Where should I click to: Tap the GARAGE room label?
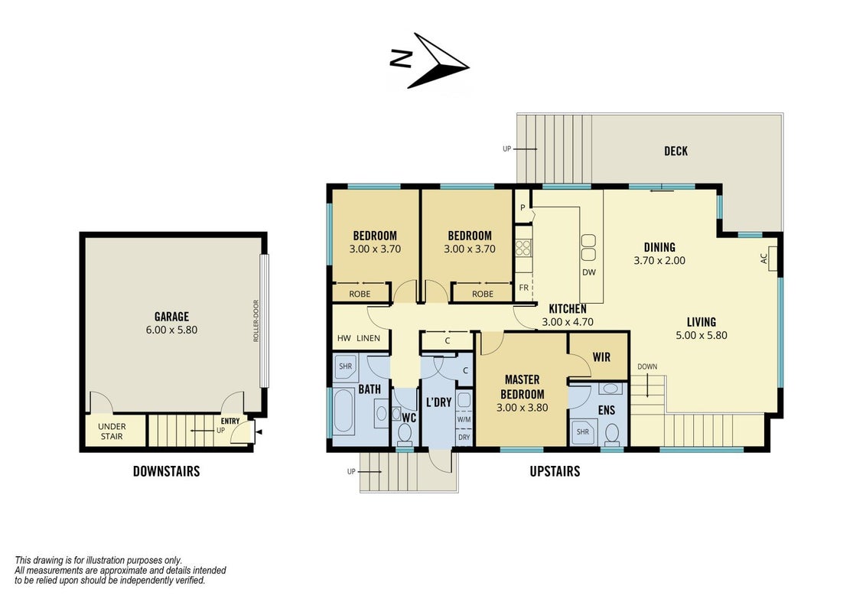pos(171,317)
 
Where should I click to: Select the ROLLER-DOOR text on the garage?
pos(256,321)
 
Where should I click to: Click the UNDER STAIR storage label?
pos(112,431)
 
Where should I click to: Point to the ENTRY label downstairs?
pos(230,421)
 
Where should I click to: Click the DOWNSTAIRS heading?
pos(166,471)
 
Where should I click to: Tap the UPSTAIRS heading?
pos(555,471)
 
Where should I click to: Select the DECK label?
pos(676,151)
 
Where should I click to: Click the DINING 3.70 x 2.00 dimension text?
pos(659,260)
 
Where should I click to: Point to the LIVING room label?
pos(702,322)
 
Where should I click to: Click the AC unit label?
pos(764,258)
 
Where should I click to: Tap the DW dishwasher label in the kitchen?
pos(589,272)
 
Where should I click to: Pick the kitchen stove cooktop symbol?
pos(523,248)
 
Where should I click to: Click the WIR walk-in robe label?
pos(601,357)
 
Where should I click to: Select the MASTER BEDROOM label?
pos(522,386)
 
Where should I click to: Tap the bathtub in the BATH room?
pos(344,412)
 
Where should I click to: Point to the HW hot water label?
pos(343,338)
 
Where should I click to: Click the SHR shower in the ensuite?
pos(583,431)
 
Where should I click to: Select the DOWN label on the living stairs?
pos(647,366)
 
